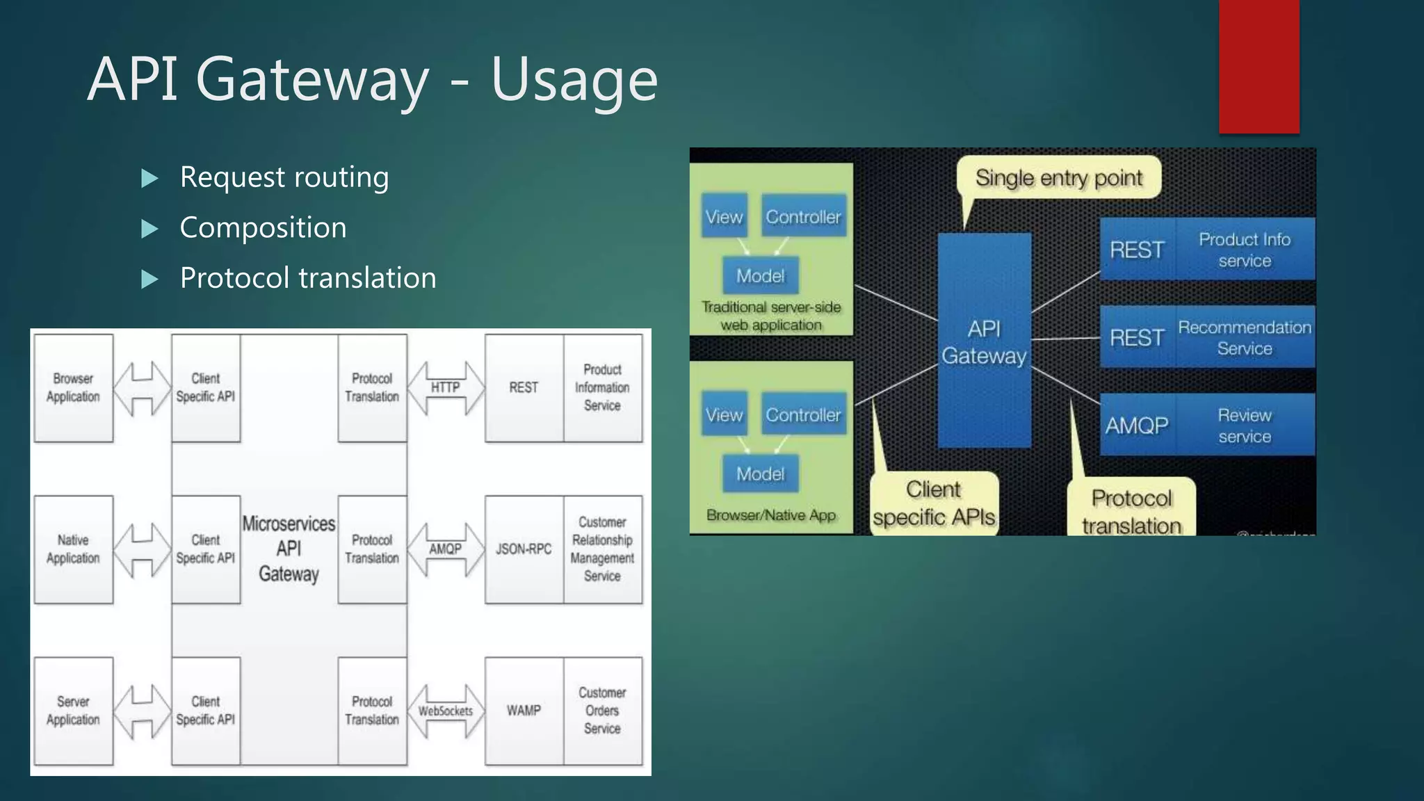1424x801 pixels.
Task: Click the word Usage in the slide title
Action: [574, 80]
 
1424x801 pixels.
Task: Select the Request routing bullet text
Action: [284, 177]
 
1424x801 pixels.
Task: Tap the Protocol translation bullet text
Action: [307, 278]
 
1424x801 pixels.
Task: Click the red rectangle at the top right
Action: [1259, 66]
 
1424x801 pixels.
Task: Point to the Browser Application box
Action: [73, 388]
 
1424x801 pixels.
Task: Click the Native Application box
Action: [73, 549]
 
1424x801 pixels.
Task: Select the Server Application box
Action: [73, 711]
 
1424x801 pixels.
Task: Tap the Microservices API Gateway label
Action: [289, 549]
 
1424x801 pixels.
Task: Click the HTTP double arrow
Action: [445, 388]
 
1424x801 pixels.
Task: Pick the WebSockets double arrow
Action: [445, 711]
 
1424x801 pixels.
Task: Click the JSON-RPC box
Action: [524, 549]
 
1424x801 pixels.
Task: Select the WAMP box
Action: [524, 711]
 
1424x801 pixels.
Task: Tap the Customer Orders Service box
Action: [602, 711]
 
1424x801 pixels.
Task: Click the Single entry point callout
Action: [1058, 178]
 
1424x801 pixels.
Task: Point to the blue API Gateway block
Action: [984, 341]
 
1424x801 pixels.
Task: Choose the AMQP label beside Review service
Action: [1137, 426]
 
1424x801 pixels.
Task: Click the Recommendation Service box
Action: [1244, 338]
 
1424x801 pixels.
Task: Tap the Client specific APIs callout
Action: [933, 503]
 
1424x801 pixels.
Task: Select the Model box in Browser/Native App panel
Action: [760, 474]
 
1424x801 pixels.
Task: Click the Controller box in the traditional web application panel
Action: [803, 217]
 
